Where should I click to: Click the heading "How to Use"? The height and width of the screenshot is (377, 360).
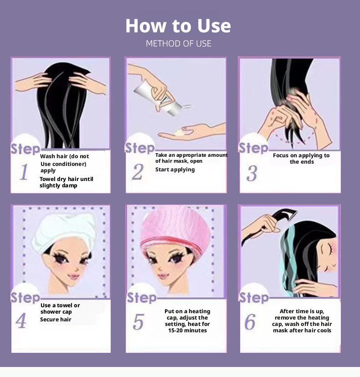click(x=178, y=26)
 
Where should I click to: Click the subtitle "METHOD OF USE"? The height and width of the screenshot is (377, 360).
click(x=179, y=43)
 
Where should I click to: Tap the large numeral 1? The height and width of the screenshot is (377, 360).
click(x=24, y=172)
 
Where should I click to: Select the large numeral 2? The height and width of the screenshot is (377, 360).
click(x=138, y=172)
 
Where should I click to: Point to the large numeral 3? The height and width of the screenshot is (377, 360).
click(x=252, y=173)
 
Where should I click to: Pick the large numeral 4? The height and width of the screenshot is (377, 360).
click(x=21, y=320)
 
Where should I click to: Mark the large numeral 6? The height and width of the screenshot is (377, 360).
click(x=250, y=321)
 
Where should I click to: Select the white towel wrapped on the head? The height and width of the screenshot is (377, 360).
click(x=64, y=231)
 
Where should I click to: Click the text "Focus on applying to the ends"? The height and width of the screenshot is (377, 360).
click(x=301, y=159)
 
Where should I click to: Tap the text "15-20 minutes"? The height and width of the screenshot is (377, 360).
click(x=187, y=331)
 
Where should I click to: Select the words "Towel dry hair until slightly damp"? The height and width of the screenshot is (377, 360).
click(x=67, y=182)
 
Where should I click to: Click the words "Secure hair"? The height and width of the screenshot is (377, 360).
click(x=56, y=319)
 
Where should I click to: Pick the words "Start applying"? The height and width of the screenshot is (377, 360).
click(x=175, y=170)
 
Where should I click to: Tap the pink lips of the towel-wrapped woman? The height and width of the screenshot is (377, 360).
click(x=73, y=277)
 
